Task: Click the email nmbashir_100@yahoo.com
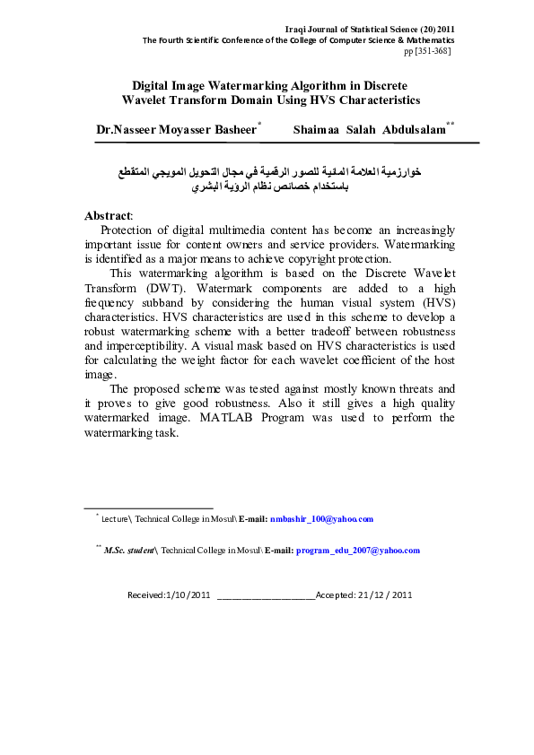click(x=321, y=519)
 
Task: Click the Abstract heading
click(x=108, y=216)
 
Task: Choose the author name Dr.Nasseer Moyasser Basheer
click(x=176, y=130)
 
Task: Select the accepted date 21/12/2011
click(x=386, y=594)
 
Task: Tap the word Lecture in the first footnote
click(x=115, y=519)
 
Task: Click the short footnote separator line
click(x=147, y=508)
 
